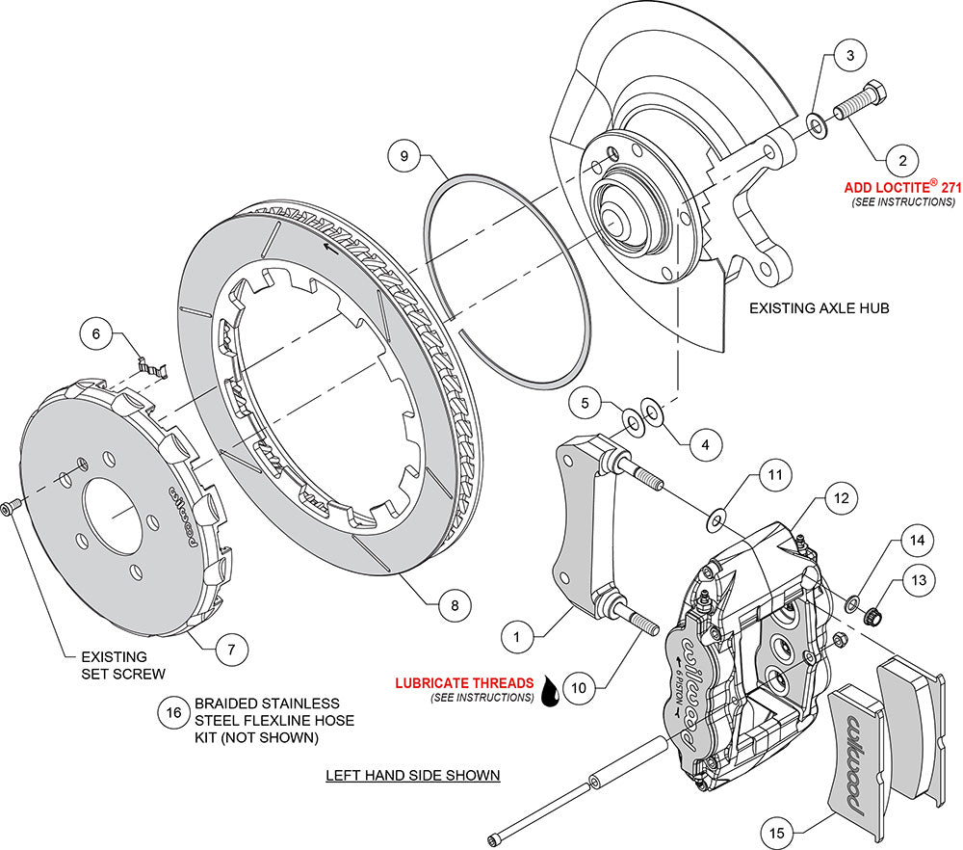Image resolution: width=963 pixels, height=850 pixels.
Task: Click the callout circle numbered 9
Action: click(x=405, y=154)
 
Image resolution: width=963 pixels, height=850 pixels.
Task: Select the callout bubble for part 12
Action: click(x=841, y=499)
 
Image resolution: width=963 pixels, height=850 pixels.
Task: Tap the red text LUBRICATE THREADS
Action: click(x=464, y=683)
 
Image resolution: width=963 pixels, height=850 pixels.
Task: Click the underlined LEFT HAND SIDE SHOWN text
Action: click(x=413, y=774)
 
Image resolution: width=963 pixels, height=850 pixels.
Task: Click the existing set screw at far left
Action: click(x=12, y=507)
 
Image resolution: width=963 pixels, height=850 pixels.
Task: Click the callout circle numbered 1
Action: click(x=517, y=636)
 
